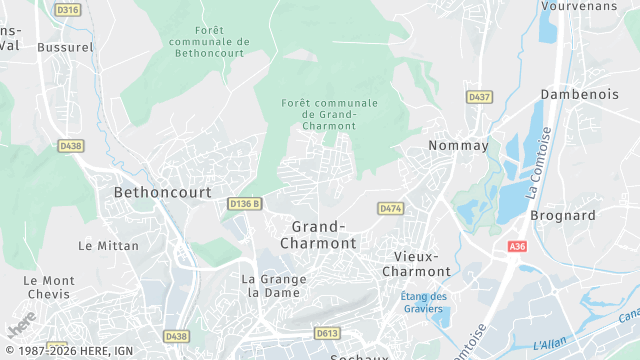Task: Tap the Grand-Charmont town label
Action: coord(318,235)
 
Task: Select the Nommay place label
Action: coord(458,146)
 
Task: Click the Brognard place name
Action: coord(563,215)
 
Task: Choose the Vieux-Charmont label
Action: coord(417,263)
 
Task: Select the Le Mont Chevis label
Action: coord(49,287)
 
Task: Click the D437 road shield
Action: coord(479,97)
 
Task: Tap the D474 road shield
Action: coord(390,208)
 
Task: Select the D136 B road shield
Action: coord(244,204)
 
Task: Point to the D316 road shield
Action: coord(69,10)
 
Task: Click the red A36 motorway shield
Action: coord(517,247)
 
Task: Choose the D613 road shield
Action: coord(327,333)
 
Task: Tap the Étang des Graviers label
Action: coord(423,302)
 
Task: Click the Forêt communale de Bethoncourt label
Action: coord(210,41)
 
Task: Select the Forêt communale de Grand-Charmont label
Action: coord(330,115)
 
